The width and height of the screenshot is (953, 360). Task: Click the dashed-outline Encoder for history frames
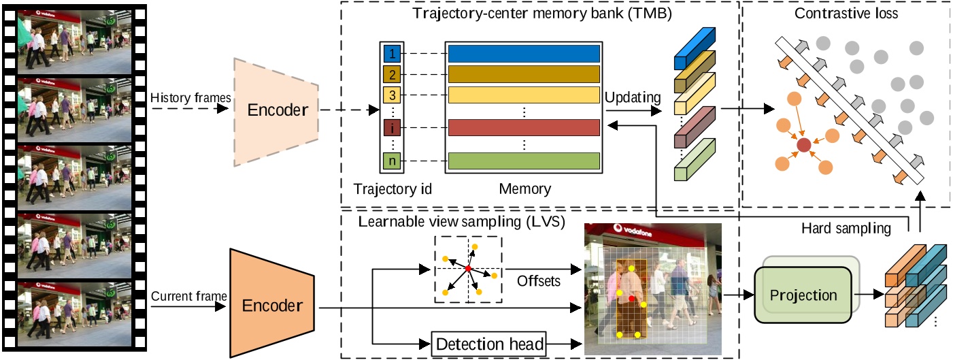(x=276, y=112)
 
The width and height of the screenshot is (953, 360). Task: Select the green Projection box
(x=803, y=295)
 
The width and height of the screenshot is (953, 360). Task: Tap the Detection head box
(x=489, y=344)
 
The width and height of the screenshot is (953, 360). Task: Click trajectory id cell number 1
(x=392, y=54)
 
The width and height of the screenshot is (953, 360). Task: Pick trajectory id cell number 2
(x=392, y=74)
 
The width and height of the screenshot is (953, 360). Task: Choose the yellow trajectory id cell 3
(x=392, y=95)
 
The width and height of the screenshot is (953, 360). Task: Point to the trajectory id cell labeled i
(x=392, y=128)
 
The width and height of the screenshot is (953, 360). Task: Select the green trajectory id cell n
(x=392, y=161)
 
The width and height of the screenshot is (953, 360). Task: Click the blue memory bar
(x=524, y=54)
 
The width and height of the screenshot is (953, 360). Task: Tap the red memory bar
(x=524, y=128)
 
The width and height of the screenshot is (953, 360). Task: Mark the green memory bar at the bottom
(x=524, y=161)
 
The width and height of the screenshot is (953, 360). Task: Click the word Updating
(x=633, y=98)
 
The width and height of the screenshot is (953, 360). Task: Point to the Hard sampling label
(x=846, y=229)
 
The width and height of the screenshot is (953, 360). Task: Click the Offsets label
(x=539, y=281)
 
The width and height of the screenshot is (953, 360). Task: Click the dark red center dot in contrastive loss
(x=803, y=145)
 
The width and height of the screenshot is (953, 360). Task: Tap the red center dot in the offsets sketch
(x=469, y=269)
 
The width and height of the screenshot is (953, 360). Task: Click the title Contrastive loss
(x=846, y=13)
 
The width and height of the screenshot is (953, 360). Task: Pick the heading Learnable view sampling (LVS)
(x=462, y=222)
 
